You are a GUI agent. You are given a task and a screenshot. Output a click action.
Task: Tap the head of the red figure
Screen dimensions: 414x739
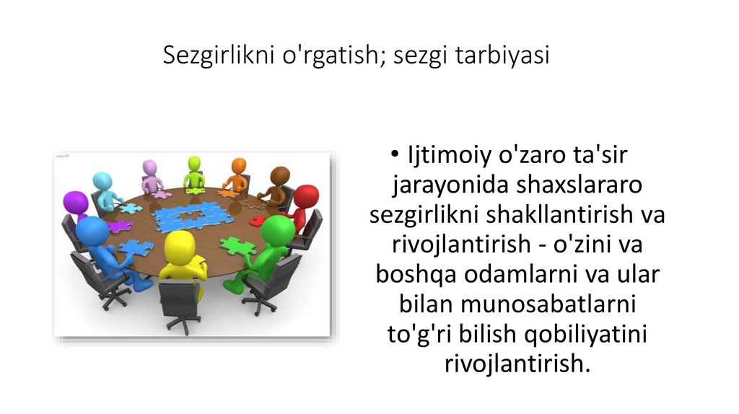click(x=305, y=197)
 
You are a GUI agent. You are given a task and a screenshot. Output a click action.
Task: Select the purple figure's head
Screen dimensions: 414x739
click(x=75, y=203)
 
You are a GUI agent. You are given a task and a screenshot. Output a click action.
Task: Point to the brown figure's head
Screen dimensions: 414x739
click(x=280, y=176)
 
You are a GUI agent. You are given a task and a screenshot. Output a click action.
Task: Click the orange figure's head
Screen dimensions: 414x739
click(x=238, y=166)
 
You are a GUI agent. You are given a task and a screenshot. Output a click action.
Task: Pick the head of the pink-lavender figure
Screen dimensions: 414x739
click(x=150, y=167)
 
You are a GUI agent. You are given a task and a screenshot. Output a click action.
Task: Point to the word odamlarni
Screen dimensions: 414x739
click(x=517, y=275)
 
